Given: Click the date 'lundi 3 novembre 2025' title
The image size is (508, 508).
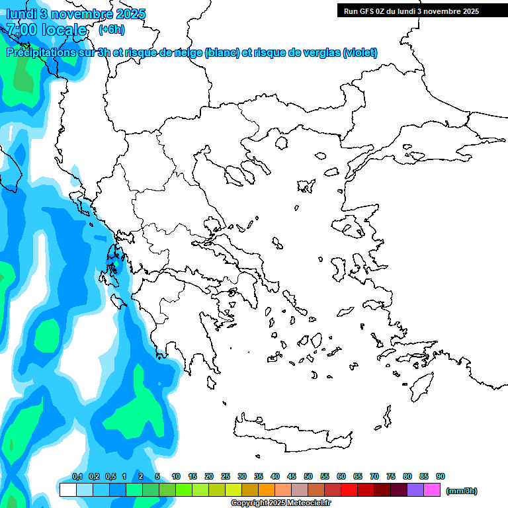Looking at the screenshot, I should pyautogui.click(x=75, y=14).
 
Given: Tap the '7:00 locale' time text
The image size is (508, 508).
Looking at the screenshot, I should pyautogui.click(x=46, y=30).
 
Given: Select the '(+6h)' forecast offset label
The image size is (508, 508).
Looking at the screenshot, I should pyautogui.click(x=111, y=30).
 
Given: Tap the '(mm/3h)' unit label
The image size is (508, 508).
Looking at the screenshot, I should pyautogui.click(x=462, y=491).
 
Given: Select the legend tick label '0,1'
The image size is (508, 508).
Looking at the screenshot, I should pyautogui.click(x=77, y=477).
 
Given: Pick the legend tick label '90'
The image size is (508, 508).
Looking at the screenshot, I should pyautogui.click(x=441, y=477).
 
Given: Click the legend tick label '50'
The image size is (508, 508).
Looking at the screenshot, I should pyautogui.click(x=308, y=477).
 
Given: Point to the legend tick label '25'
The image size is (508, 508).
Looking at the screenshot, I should pyautogui.click(x=226, y=477).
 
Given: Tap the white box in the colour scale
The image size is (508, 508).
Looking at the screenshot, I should pyautogui.click(x=67, y=490).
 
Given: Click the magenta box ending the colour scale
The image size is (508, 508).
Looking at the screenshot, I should pyautogui.click(x=432, y=490).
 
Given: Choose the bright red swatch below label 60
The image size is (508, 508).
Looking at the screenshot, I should pyautogui.click(x=349, y=490).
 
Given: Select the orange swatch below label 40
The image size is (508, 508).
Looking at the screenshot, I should pyautogui.click(x=267, y=490).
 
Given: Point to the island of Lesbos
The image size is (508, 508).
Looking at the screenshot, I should pyautogui.click(x=352, y=228).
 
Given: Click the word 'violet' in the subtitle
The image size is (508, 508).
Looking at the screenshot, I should pyautogui.click(x=359, y=53).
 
